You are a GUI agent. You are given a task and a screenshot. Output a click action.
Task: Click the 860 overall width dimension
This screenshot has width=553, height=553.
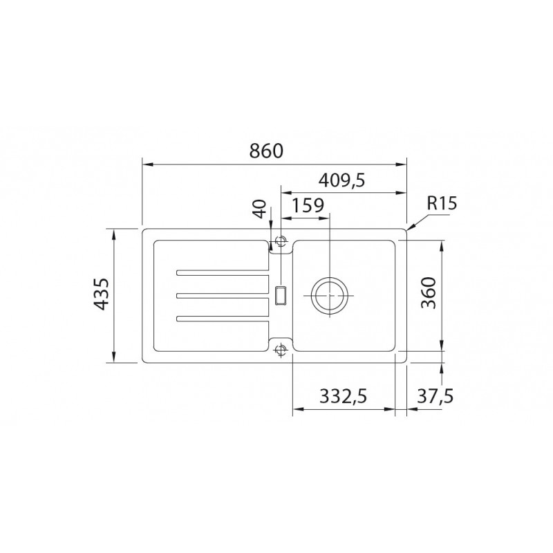pyautogui.click(x=266, y=151)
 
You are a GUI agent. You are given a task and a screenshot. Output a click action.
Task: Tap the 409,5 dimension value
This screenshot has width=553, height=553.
pyautogui.click(x=341, y=180)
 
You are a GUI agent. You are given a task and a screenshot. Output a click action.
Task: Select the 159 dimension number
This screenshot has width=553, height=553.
pyautogui.click(x=308, y=205)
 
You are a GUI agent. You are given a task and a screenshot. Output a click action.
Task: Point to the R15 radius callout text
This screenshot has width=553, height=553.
pyautogui.click(x=442, y=203)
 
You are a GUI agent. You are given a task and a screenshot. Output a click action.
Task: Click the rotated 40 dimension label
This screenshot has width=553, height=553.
pyautogui.click(x=260, y=209)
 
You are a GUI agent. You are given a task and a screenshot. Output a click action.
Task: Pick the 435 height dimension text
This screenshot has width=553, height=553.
pyautogui.click(x=102, y=294)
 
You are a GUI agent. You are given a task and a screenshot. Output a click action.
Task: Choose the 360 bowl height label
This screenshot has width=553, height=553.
pyautogui.click(x=429, y=292)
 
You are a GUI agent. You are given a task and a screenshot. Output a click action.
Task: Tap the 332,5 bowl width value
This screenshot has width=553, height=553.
pyautogui.click(x=343, y=396)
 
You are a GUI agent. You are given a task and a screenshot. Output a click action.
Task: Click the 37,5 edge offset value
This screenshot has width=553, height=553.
pyautogui.click(x=435, y=396)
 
